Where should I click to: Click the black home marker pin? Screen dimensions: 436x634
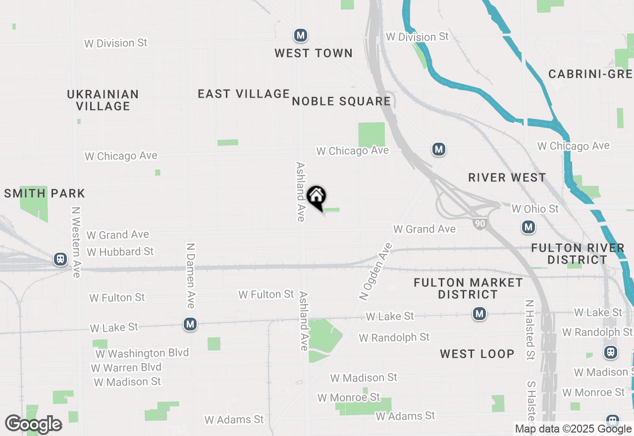pyautogui.click(x=316, y=197)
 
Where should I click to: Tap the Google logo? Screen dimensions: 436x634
pyautogui.click(x=33, y=424)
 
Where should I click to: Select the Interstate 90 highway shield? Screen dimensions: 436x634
pyautogui.click(x=480, y=223)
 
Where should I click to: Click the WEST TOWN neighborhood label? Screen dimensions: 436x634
pyautogui.click(x=314, y=53)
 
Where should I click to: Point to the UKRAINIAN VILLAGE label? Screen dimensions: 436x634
pyautogui.click(x=103, y=100)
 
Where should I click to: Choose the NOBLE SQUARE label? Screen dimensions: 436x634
pyautogui.click(x=341, y=102)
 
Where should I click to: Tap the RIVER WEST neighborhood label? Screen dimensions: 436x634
pyautogui.click(x=507, y=177)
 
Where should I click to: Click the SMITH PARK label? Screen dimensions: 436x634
pyautogui.click(x=45, y=193)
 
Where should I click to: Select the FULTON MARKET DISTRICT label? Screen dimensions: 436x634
pyautogui.click(x=468, y=288)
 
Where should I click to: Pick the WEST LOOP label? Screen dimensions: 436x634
pyautogui.click(x=477, y=354)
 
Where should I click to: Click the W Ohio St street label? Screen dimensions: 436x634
pyautogui.click(x=535, y=209)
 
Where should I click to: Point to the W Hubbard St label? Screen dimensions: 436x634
pyautogui.click(x=120, y=252)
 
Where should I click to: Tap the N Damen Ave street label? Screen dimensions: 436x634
pyautogui.click(x=190, y=275)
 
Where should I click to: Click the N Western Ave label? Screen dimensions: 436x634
pyautogui.click(x=76, y=242)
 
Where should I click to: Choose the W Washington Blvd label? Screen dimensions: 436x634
pyautogui.click(x=142, y=353)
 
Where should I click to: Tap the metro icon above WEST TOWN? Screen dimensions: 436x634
pyautogui.click(x=300, y=35)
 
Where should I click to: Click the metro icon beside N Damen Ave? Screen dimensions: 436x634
pyautogui.click(x=190, y=324)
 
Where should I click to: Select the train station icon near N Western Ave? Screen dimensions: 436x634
pyautogui.click(x=60, y=259)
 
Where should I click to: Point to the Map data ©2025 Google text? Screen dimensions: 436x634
pyautogui.click(x=573, y=429)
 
